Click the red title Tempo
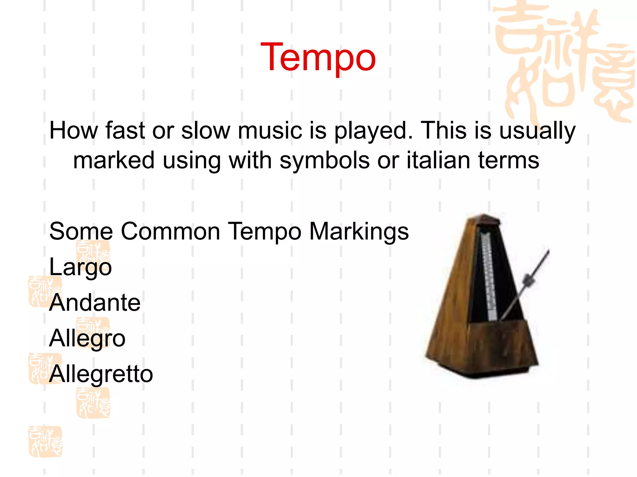click(318, 58)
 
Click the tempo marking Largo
click(80, 267)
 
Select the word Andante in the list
click(95, 302)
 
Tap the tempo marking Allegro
click(87, 338)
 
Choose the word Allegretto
click(101, 374)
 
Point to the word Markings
click(359, 232)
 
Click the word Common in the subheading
click(170, 231)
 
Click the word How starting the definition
click(73, 130)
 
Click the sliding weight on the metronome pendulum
click(528, 280)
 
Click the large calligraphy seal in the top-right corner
click(563, 62)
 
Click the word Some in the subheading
click(81, 231)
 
